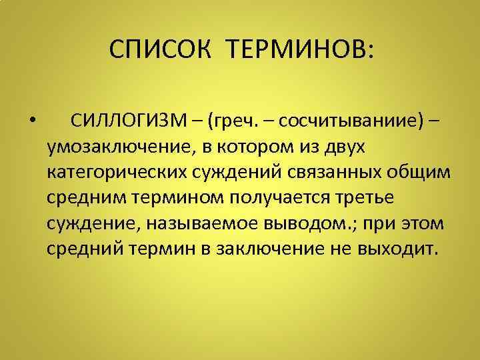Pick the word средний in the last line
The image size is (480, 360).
[x=83, y=248]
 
